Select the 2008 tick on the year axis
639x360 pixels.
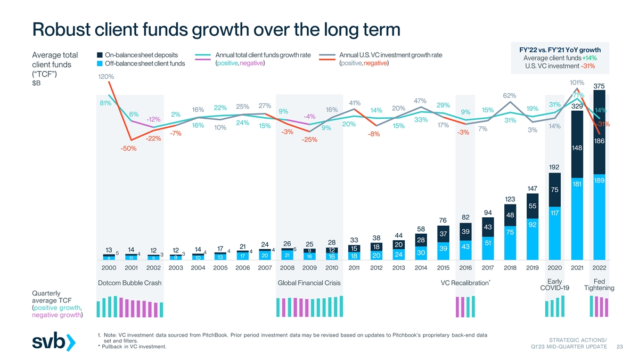[x=288, y=267]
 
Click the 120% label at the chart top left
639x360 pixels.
[x=106, y=77]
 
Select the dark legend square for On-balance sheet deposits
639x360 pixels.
[x=100, y=55]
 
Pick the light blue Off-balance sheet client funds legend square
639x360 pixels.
[x=100, y=64]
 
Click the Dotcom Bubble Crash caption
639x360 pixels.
[x=130, y=282]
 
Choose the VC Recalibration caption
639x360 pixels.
[x=464, y=282]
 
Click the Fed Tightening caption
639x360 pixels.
[x=599, y=285]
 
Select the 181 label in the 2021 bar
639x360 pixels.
[x=577, y=184]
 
